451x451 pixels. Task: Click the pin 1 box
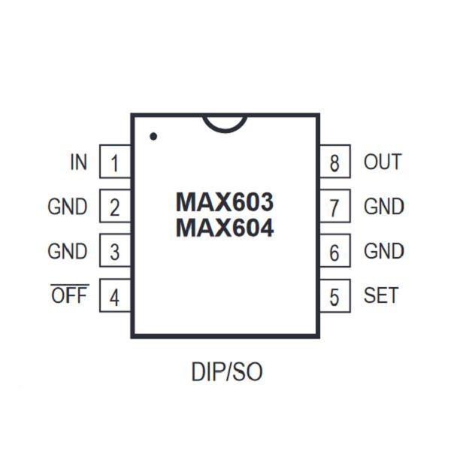pos(115,162)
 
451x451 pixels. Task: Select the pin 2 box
pos(115,207)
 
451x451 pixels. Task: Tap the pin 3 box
pos(115,251)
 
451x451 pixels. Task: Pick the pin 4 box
pos(115,296)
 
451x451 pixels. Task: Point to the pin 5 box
pos(335,296)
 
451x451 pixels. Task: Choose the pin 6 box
pos(335,251)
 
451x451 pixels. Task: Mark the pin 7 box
pos(335,207)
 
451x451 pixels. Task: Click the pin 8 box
pos(335,162)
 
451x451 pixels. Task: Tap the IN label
pos(78,162)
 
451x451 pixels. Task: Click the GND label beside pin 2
pos(68,207)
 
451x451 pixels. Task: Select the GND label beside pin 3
pos(68,251)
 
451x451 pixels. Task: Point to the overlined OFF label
pos(69,295)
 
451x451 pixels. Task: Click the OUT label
pos(383,162)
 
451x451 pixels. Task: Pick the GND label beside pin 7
pos(384,207)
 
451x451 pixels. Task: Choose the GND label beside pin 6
pos(384,251)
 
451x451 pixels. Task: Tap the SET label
pos(381,295)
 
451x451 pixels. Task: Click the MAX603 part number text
pos(225,202)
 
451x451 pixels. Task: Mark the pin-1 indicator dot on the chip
pos(153,137)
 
